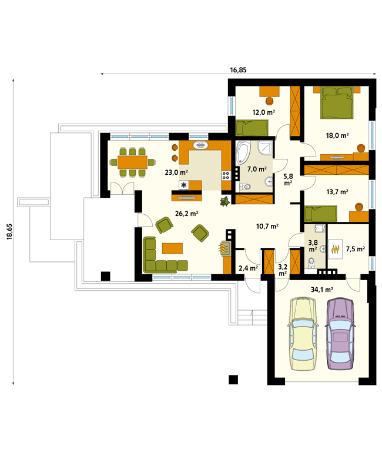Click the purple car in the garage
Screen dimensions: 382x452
click(340, 334)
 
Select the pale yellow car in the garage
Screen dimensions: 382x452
click(303, 334)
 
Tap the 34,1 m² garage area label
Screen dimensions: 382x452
click(322, 290)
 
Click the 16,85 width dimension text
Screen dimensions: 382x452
click(238, 70)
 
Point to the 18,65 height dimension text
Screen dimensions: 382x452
click(10, 231)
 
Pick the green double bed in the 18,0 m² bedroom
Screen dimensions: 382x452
click(337, 102)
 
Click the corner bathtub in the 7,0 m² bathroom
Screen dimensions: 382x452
click(243, 153)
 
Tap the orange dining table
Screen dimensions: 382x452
click(132, 162)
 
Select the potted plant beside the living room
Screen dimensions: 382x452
click(225, 201)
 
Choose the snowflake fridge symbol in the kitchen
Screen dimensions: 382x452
click(183, 185)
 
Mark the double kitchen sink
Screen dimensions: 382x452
click(200, 145)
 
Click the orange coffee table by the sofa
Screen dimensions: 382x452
click(172, 248)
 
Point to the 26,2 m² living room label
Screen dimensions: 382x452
click(186, 214)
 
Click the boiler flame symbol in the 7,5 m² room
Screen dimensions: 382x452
click(335, 249)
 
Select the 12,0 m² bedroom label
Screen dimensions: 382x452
click(263, 112)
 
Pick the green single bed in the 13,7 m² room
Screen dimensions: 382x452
click(321, 214)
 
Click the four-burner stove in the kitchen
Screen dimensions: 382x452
click(226, 175)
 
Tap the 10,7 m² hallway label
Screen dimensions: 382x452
click(267, 226)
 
